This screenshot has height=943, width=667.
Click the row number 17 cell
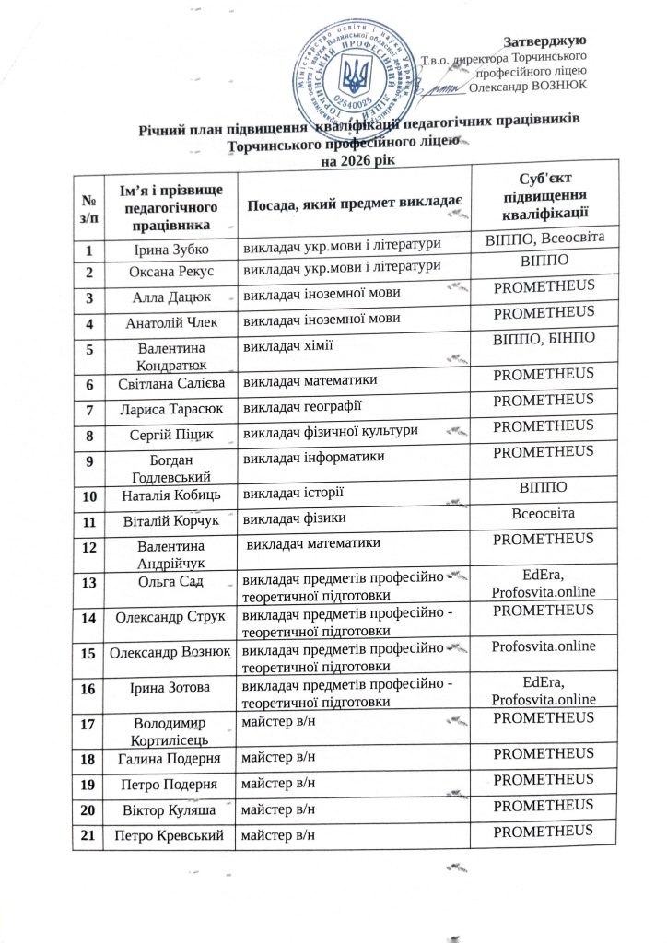point(89,724)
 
